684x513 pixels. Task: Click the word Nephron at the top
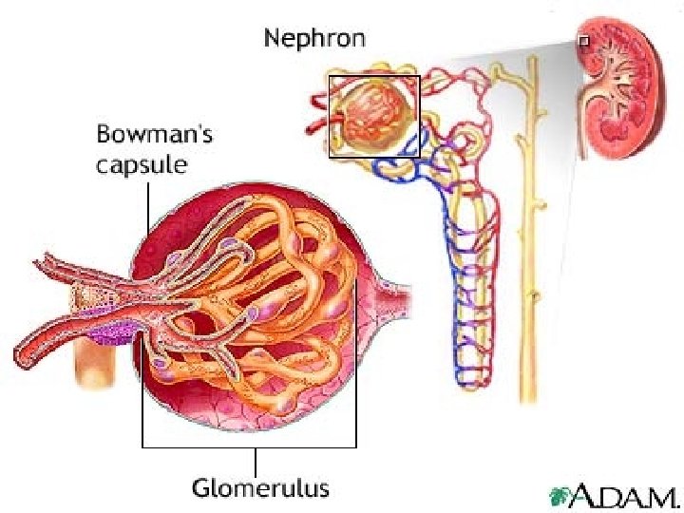[x=314, y=39]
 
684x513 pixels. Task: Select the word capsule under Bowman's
[x=142, y=164]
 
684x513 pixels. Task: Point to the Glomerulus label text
[x=261, y=489]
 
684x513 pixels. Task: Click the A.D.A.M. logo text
[x=628, y=495]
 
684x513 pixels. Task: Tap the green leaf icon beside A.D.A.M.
[x=562, y=496]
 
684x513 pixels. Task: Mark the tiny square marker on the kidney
[x=583, y=41]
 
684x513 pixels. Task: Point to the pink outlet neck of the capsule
[x=393, y=289]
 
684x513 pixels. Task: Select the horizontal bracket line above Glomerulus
[x=249, y=446]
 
